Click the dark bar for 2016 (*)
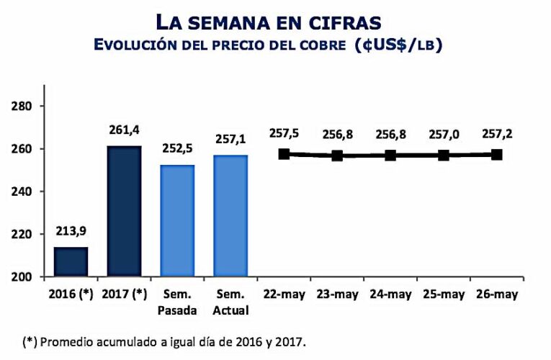71,261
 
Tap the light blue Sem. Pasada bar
177,220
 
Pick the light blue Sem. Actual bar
230,216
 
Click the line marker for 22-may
284,154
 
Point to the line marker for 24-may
390,156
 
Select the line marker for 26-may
496,155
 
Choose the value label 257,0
443,135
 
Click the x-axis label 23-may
337,295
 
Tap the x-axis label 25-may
443,295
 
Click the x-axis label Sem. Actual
230,303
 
